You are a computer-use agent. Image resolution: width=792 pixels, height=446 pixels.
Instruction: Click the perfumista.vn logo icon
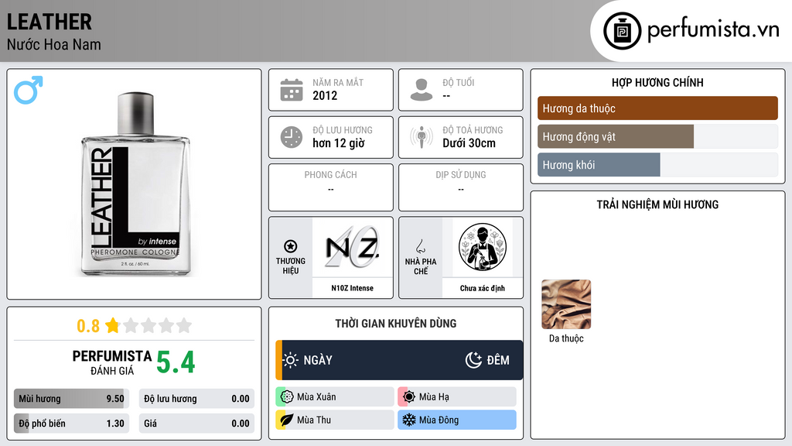(x=622, y=31)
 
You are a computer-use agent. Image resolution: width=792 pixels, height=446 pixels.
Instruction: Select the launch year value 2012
(x=325, y=95)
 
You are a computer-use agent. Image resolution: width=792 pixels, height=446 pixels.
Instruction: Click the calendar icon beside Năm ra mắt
(x=292, y=90)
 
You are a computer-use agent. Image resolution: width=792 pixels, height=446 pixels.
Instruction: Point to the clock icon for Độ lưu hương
(x=292, y=137)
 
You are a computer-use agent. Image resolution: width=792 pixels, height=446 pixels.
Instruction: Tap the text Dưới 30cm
(x=469, y=143)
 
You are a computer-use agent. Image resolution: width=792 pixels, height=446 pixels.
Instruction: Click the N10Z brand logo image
(x=352, y=247)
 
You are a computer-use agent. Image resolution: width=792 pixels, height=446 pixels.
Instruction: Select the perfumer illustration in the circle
(x=483, y=247)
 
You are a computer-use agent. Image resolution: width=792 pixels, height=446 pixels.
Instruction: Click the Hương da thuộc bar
(x=657, y=108)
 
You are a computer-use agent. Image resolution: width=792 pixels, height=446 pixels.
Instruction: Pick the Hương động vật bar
(x=616, y=136)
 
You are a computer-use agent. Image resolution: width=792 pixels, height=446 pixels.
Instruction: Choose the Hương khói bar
(x=599, y=165)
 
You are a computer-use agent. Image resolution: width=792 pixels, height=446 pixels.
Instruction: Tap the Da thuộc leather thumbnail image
(x=566, y=304)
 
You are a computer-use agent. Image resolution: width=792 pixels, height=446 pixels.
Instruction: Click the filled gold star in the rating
(x=113, y=325)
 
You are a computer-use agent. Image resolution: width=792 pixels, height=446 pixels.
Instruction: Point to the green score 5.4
(x=176, y=362)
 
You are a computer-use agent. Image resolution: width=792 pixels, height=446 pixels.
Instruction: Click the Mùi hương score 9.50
(x=115, y=399)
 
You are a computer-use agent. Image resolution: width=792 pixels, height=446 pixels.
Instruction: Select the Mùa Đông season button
(x=457, y=420)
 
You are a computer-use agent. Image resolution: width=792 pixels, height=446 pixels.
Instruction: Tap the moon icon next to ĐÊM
(x=473, y=360)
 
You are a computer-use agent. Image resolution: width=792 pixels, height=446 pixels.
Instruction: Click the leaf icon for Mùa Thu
(x=286, y=420)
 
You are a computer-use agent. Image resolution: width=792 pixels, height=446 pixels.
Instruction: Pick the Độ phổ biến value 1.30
(x=115, y=424)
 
